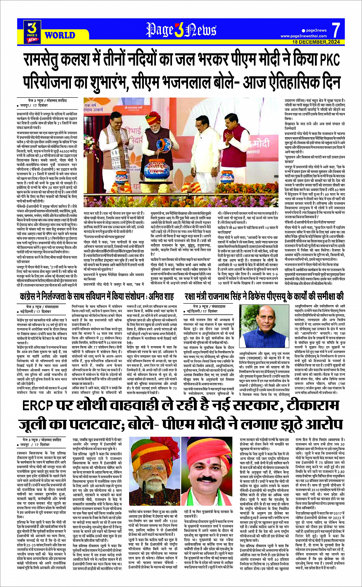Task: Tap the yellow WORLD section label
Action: point(60,35)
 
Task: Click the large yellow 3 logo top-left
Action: point(33,28)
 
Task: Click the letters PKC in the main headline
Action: point(328,60)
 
